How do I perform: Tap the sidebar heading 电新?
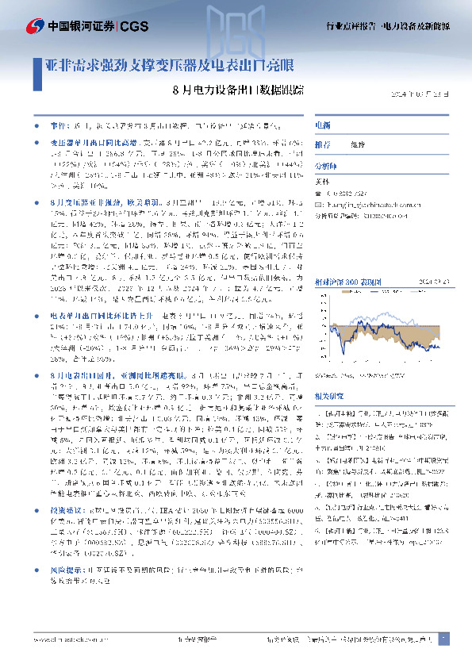pyautogui.click(x=322, y=125)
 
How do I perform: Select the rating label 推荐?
pyautogui.click(x=323, y=145)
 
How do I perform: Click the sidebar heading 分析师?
pyautogui.click(x=326, y=167)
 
